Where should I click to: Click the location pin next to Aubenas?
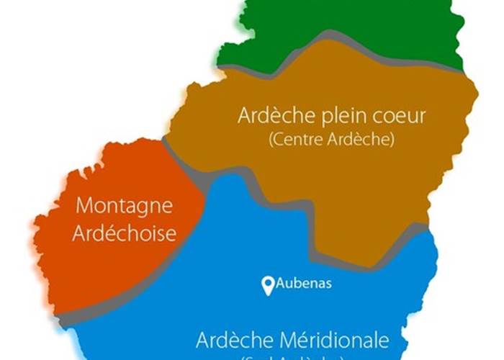point(268,287)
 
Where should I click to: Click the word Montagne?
point(124,206)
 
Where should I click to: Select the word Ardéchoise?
point(124,233)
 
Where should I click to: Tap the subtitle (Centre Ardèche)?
point(331,140)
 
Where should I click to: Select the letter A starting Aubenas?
point(281,284)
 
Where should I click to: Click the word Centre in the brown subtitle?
point(295,140)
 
